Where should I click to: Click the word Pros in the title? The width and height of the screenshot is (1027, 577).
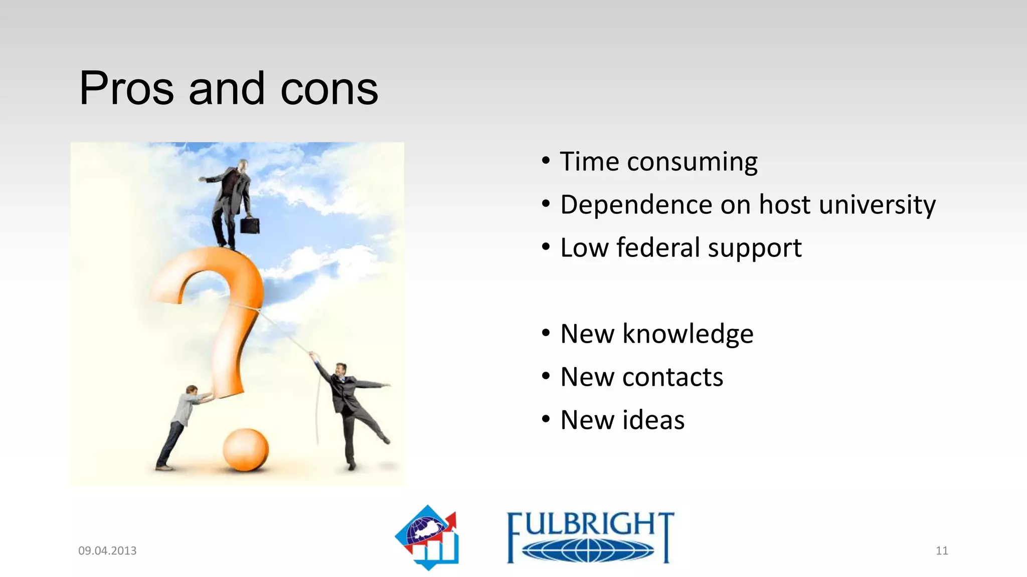pyautogui.click(x=126, y=89)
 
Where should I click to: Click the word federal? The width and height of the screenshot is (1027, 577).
pyautogui.click(x=658, y=248)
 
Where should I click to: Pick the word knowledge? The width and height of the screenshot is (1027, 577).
pyautogui.click(x=688, y=334)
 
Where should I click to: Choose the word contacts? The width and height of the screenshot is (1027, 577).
pyautogui.click(x=672, y=377)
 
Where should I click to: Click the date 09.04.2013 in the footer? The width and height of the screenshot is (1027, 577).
pyautogui.click(x=107, y=550)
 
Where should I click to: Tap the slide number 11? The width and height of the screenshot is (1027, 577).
pyautogui.click(x=942, y=550)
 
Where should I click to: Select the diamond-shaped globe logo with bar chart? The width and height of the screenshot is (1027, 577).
pyautogui.click(x=428, y=537)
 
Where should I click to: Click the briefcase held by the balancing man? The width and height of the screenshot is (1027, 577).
pyautogui.click(x=250, y=225)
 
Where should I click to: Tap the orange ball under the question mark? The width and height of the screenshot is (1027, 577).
pyautogui.click(x=245, y=450)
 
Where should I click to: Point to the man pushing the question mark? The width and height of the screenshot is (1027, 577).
pyautogui.click(x=180, y=426)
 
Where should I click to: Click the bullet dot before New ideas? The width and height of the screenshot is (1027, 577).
pyautogui.click(x=546, y=419)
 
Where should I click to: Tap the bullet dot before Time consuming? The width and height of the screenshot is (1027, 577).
pyautogui.click(x=546, y=161)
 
